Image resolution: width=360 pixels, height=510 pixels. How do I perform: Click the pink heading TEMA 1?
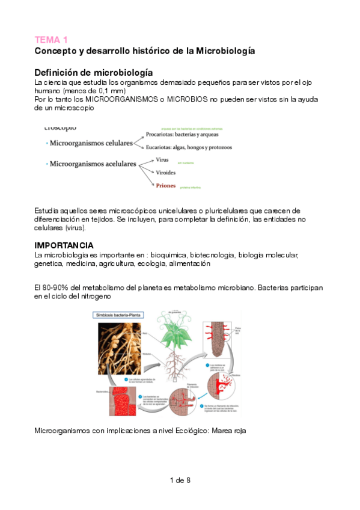(x=51, y=40)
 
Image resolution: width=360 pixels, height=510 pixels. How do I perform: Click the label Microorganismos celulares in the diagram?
(x=91, y=144)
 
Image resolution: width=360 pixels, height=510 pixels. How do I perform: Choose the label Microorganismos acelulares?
(x=93, y=163)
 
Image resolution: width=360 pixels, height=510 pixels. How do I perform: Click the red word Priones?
(x=166, y=186)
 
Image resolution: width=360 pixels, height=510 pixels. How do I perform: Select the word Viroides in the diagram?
(x=167, y=173)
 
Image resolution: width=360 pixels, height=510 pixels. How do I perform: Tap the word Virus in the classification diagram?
(x=162, y=160)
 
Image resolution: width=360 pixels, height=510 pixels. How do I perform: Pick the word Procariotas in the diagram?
(x=162, y=135)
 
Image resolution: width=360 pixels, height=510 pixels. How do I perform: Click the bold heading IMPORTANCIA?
(x=64, y=245)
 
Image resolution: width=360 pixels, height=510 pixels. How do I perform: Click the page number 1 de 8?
(x=180, y=480)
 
